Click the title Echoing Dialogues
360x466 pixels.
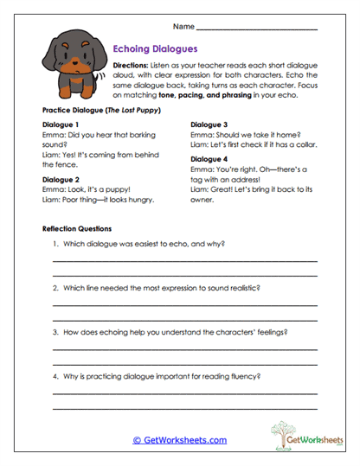156,50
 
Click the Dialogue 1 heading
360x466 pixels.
64,125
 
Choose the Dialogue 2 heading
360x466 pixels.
64,179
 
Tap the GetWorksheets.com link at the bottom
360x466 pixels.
179,440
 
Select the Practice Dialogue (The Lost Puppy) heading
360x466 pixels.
98,112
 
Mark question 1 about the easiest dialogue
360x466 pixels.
138,245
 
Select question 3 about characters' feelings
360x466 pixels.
170,332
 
